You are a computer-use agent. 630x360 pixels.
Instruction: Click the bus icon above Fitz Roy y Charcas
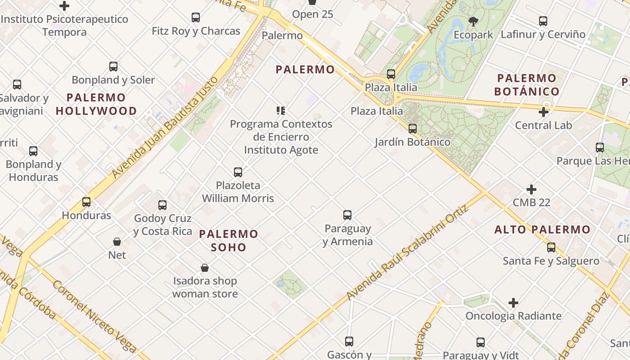click(x=196, y=18)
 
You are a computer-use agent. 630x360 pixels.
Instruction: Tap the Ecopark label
click(x=473, y=35)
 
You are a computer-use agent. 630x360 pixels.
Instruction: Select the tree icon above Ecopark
click(x=473, y=21)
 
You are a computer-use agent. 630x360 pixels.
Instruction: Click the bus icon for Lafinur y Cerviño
click(x=543, y=21)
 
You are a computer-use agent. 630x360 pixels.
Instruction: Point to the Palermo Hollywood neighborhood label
click(x=96, y=104)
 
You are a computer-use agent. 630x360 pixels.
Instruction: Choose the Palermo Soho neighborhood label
click(x=229, y=240)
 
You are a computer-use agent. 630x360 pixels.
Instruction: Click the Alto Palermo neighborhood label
click(x=542, y=229)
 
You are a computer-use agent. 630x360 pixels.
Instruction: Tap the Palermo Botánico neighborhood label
click(x=526, y=85)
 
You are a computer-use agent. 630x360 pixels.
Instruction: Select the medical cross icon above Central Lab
click(x=544, y=112)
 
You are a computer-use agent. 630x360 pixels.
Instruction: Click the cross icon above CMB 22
click(x=531, y=189)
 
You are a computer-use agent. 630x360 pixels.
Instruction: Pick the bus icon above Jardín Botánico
click(x=413, y=129)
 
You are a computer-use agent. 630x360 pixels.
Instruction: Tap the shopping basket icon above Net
click(x=117, y=242)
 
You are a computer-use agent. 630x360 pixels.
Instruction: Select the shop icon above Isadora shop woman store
click(x=205, y=268)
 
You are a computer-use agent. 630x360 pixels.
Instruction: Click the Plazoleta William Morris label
click(x=238, y=191)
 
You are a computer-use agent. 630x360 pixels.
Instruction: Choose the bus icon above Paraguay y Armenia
click(x=347, y=215)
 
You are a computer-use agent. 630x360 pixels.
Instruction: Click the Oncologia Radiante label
click(x=513, y=316)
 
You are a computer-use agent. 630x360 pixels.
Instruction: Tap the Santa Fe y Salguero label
click(x=551, y=261)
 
